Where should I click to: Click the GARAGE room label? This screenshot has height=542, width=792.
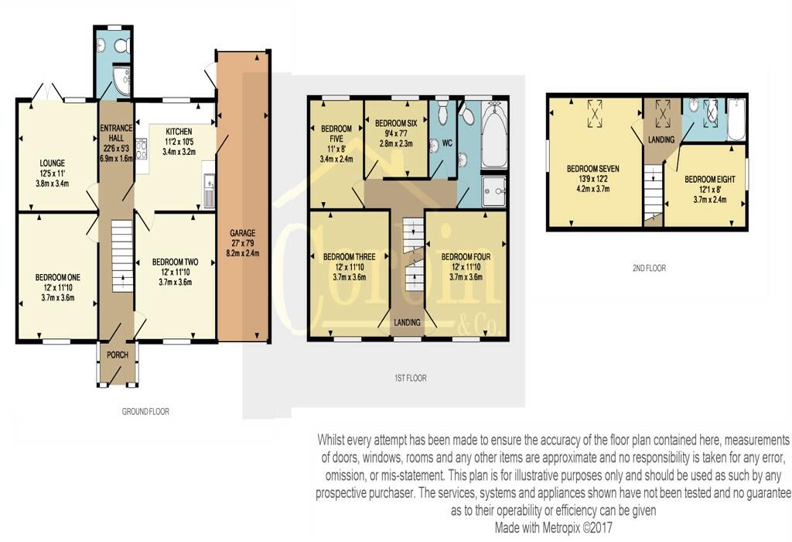point(242,233)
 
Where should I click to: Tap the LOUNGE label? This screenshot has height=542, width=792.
point(53,163)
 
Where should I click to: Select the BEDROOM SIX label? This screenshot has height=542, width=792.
point(396,123)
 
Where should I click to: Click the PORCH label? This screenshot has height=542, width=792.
point(118,355)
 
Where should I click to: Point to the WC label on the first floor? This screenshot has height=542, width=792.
point(447,143)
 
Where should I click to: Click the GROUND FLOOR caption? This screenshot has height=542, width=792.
point(145,412)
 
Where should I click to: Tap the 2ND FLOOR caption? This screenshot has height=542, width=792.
point(649,268)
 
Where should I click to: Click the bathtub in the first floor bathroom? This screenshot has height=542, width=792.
point(494,135)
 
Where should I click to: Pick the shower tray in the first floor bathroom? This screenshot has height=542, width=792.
point(494,191)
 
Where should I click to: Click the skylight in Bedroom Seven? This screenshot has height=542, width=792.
point(595,113)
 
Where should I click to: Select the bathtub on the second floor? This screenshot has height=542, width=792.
point(736,120)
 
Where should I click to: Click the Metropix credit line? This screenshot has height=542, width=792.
point(553,528)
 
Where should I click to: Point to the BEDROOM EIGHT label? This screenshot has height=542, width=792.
point(710,180)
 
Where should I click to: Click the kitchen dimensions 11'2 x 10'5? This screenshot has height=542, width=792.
point(179,142)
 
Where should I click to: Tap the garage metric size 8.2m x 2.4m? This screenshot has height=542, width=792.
point(242,252)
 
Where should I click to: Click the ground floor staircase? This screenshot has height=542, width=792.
point(121,256)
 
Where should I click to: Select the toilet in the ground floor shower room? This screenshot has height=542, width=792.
point(121,46)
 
